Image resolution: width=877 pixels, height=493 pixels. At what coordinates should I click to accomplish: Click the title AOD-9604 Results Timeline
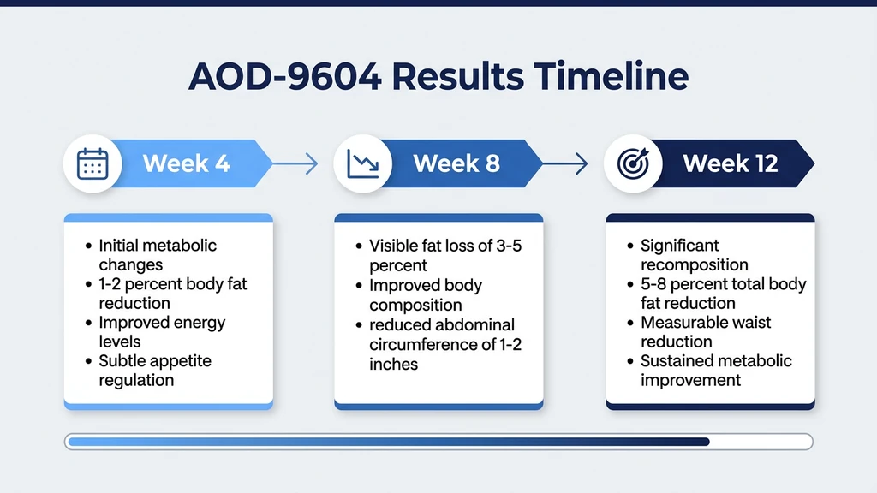click(x=438, y=77)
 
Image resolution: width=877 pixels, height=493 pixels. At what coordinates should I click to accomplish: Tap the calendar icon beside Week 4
click(x=91, y=163)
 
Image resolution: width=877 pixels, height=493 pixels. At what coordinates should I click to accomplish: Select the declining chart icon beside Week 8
click(x=361, y=163)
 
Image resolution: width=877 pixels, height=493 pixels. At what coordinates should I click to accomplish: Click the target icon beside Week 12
click(x=632, y=163)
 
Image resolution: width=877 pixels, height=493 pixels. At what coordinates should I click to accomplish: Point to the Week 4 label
click(x=186, y=163)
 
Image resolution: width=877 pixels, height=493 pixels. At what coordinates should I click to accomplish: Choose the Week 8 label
click(x=456, y=163)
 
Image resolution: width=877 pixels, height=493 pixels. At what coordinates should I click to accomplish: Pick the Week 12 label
click(x=730, y=163)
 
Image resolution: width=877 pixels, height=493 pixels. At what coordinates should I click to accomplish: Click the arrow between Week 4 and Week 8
click(x=299, y=163)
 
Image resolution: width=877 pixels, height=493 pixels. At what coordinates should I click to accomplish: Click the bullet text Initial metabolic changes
click(x=157, y=255)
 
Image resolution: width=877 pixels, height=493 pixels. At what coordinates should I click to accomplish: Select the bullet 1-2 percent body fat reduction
click(x=171, y=294)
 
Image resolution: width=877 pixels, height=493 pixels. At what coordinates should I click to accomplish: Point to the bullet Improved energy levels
click(x=161, y=332)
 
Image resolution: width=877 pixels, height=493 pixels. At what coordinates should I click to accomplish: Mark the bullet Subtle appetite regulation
click(x=154, y=371)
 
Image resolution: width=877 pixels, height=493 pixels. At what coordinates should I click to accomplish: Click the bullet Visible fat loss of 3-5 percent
click(x=444, y=255)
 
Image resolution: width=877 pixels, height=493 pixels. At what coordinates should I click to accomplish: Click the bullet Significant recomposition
click(x=694, y=255)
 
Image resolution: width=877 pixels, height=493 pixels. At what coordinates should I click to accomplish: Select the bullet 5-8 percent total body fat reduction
click(x=723, y=294)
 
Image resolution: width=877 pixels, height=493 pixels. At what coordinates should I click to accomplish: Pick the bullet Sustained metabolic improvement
click(x=715, y=371)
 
